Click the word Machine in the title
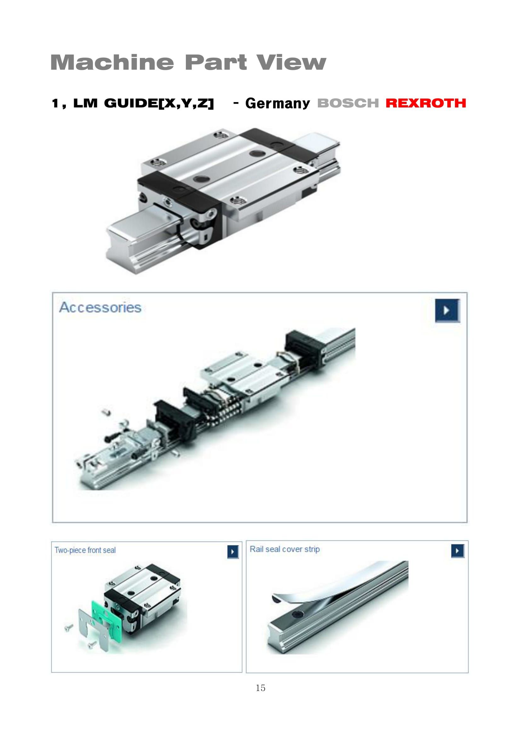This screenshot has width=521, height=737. (x=112, y=62)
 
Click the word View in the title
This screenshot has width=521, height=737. (x=291, y=62)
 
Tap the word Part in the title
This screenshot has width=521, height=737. (x=215, y=62)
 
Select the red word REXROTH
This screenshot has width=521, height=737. (x=426, y=103)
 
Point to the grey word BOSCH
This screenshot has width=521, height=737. (x=348, y=103)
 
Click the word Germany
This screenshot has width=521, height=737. (x=278, y=104)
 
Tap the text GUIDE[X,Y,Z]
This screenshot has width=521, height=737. (x=159, y=103)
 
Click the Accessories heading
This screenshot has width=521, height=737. (x=100, y=308)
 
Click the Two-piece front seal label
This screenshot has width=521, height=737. (x=85, y=550)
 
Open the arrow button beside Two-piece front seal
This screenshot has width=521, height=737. (x=233, y=552)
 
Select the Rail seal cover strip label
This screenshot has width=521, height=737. (x=284, y=549)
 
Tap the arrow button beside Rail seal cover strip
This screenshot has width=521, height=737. (x=457, y=551)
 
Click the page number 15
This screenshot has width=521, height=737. (x=260, y=688)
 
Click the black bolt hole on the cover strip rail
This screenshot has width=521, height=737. (x=297, y=614)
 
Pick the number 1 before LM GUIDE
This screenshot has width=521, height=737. (x=55, y=103)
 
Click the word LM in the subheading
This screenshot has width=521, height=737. (x=85, y=103)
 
